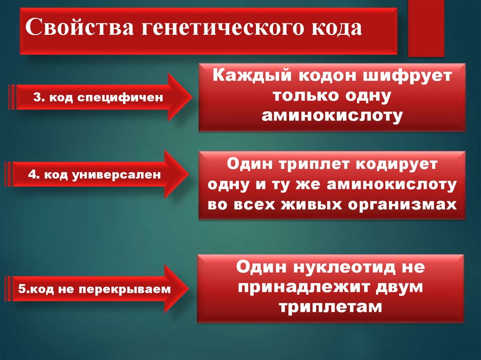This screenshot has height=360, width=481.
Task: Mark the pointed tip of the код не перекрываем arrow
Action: (190, 289)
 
